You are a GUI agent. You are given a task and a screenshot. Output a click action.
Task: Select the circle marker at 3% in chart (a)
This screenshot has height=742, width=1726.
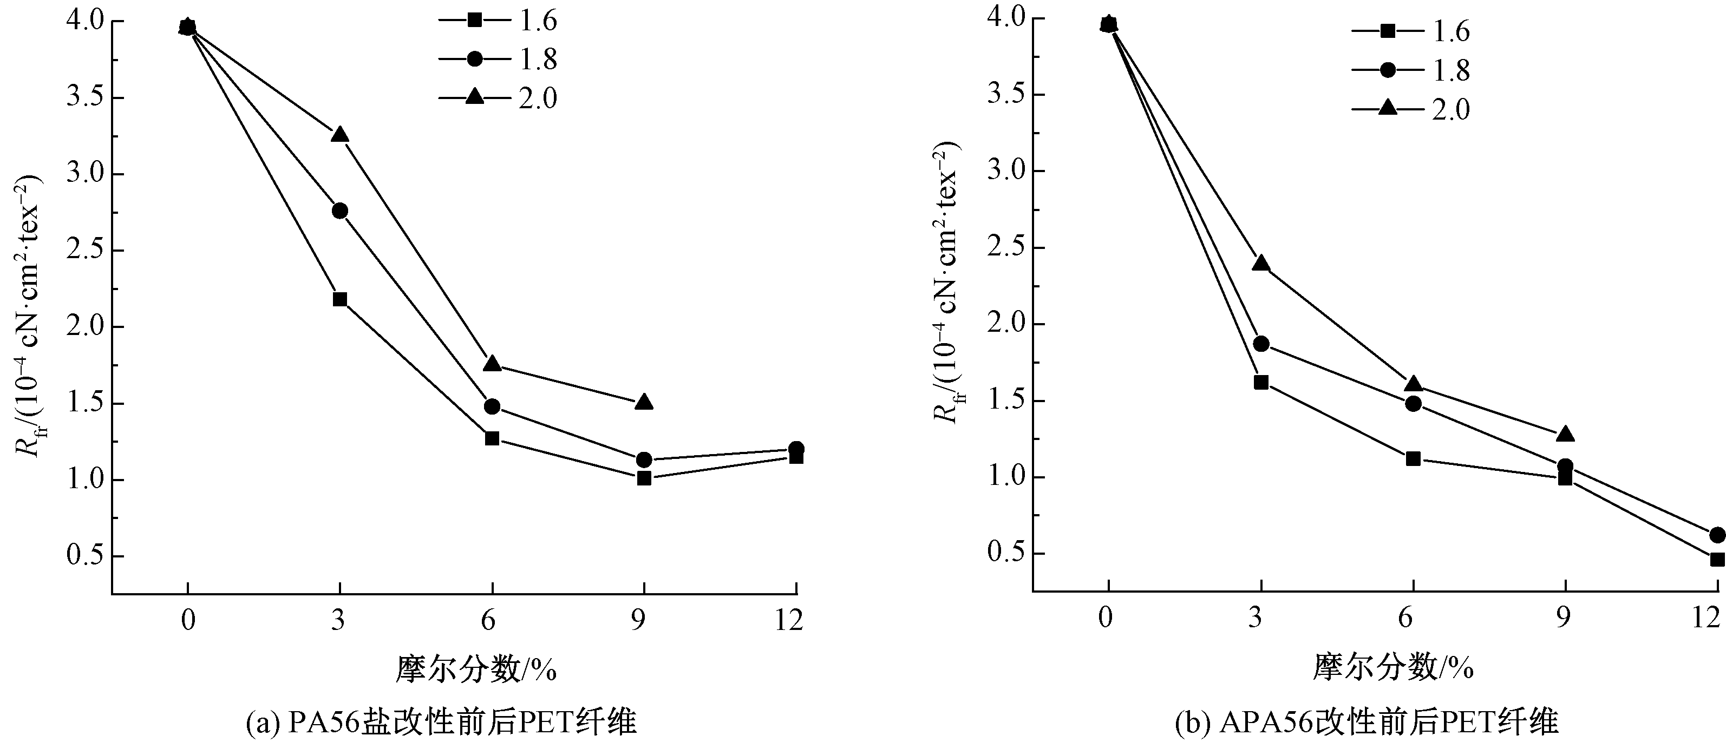pyautogui.click(x=339, y=211)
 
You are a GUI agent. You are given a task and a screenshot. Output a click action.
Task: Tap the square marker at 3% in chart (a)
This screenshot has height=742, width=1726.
pyautogui.click(x=339, y=299)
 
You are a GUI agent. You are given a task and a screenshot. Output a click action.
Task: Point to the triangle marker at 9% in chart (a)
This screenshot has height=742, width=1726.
pyautogui.click(x=644, y=402)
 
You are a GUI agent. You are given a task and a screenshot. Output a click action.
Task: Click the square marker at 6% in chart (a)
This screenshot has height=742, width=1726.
pyautogui.click(x=492, y=438)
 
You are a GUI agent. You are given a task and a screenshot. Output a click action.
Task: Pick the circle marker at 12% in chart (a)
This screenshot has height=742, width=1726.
pyautogui.click(x=796, y=449)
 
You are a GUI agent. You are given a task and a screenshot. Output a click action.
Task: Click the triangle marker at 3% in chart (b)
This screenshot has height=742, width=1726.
pyautogui.click(x=1261, y=263)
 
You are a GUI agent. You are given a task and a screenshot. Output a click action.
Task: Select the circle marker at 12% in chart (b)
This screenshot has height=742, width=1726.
pyautogui.click(x=1717, y=534)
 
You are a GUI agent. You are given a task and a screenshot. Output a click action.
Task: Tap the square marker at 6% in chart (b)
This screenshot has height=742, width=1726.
pyautogui.click(x=1413, y=459)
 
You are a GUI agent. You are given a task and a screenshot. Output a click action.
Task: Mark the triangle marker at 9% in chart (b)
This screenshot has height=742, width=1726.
pyautogui.click(x=1565, y=435)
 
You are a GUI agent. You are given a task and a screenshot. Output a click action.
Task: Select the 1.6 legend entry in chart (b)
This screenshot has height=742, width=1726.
pyautogui.click(x=1410, y=31)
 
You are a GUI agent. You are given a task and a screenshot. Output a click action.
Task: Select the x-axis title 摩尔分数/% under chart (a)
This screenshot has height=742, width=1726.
pyautogui.click(x=476, y=668)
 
